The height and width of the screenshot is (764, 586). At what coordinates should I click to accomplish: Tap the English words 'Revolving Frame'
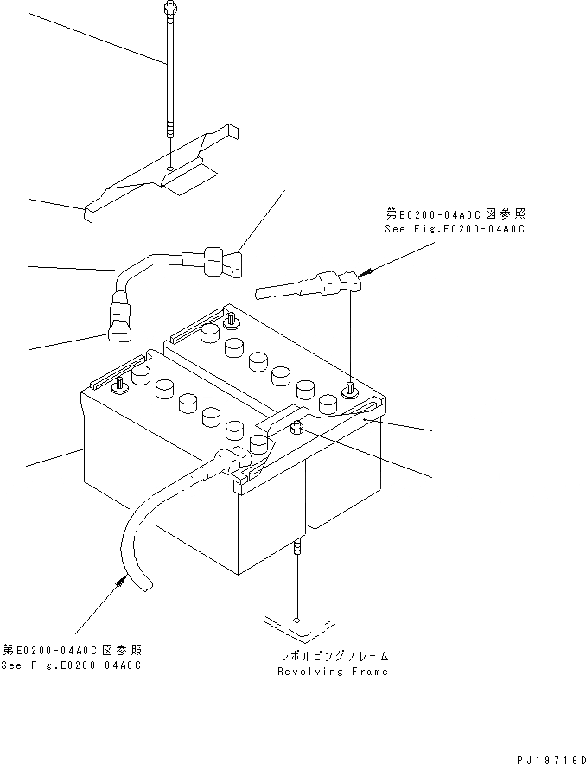click(x=333, y=671)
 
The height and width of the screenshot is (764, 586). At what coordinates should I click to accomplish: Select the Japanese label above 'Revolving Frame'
click(x=333, y=656)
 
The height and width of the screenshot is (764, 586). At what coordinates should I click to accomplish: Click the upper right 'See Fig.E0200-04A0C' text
click(x=455, y=230)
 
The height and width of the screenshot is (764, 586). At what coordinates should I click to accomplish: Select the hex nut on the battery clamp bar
click(x=296, y=426)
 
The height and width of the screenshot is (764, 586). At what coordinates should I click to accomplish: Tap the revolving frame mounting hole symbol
click(x=296, y=620)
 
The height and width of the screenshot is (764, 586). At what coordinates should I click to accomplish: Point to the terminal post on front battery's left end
click(x=118, y=384)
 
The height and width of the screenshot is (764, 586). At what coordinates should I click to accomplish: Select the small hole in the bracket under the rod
click(x=172, y=167)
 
